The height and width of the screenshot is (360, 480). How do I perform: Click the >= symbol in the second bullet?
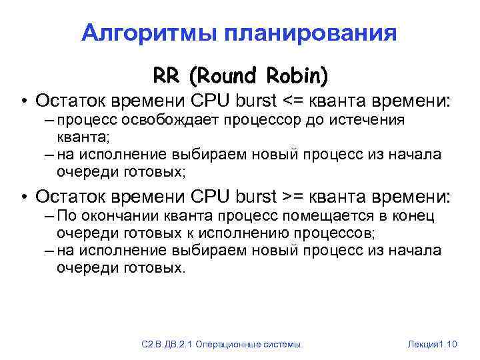293,197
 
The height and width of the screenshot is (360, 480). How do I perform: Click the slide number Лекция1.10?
431,343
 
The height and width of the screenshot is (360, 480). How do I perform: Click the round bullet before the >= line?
23,197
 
